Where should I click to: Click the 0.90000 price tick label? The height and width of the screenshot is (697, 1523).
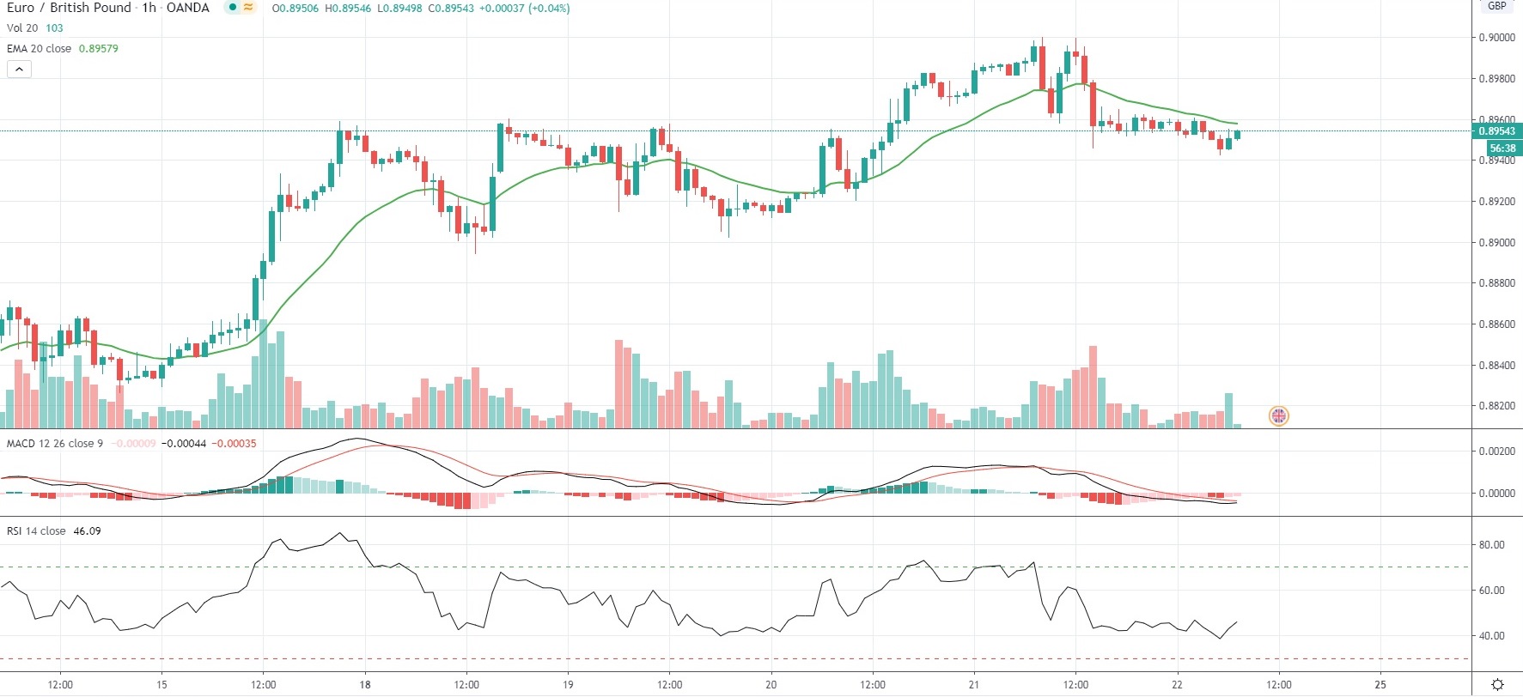[x=1496, y=38]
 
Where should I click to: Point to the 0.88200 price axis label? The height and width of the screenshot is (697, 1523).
[x=1496, y=406]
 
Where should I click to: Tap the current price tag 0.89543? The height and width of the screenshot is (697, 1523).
[x=1497, y=131]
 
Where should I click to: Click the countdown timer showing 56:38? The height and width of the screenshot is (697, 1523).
[x=1502, y=148]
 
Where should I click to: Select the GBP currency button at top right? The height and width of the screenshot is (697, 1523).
[x=1497, y=6]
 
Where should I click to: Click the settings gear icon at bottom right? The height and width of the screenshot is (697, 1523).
[x=1497, y=685]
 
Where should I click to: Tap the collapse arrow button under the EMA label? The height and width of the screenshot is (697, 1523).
[x=19, y=70]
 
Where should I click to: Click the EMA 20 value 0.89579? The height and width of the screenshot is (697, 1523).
[x=99, y=49]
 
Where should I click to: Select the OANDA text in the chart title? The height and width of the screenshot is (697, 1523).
[x=188, y=8]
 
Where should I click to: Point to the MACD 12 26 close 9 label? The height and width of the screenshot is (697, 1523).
[x=55, y=444]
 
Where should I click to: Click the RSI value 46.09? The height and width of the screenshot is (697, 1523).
[x=87, y=531]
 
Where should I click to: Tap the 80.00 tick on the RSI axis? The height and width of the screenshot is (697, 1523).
[x=1491, y=545]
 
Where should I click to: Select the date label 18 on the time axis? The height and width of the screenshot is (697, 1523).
[x=365, y=685]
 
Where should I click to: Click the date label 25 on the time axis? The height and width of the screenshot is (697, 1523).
[x=1380, y=685]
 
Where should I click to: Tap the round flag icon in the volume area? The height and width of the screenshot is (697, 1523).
[x=1279, y=416]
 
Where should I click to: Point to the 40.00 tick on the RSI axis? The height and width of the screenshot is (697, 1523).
[x=1491, y=636]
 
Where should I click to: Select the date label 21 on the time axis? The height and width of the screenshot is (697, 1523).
[x=974, y=685]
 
